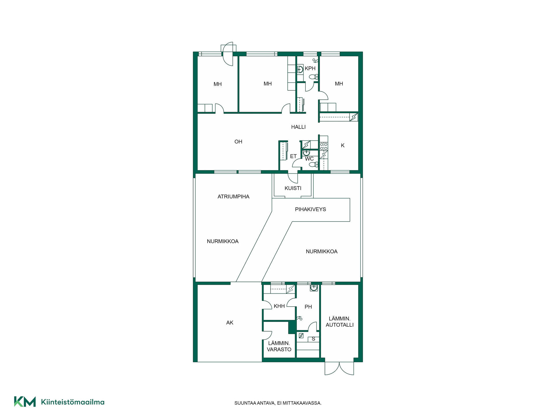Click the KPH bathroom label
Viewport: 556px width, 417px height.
coord(310,69)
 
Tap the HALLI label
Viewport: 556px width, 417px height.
coord(298,127)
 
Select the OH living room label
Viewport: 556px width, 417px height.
coord(238,142)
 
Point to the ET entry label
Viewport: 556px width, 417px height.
coord(293,156)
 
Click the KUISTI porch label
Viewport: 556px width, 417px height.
coord(293,188)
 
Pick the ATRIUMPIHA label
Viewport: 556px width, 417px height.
coord(233,197)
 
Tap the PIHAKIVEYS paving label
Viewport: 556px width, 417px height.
coord(310,209)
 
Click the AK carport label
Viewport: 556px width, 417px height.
coord(230,323)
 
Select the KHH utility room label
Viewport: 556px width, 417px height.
coord(279,306)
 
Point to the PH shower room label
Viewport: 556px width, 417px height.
coord(308,307)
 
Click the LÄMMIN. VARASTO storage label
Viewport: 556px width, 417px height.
coord(279,346)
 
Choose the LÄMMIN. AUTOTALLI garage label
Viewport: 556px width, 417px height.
coord(340,322)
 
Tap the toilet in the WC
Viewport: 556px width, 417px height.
coord(313,165)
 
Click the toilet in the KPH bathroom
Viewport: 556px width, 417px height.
coord(313,77)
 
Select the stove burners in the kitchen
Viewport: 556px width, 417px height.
coord(324,147)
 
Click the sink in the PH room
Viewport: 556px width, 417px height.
coord(314,288)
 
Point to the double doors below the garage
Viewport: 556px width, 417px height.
coord(339,368)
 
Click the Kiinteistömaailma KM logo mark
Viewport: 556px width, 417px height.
coord(25,402)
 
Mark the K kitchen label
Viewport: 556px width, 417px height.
coord(343,145)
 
